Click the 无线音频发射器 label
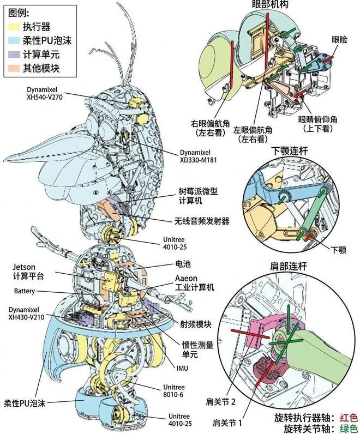(202, 221)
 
